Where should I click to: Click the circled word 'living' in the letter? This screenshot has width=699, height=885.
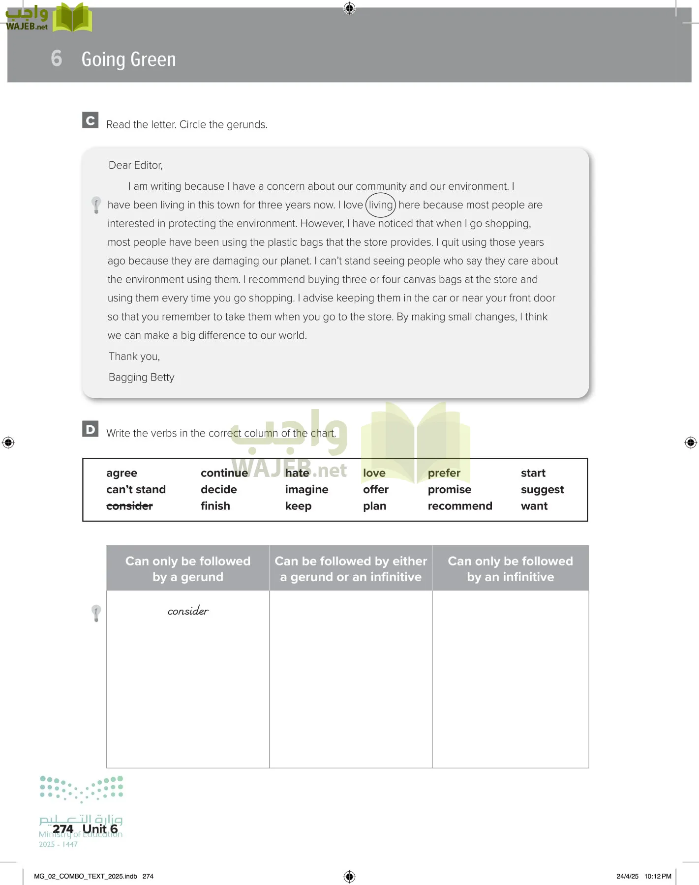(x=381, y=205)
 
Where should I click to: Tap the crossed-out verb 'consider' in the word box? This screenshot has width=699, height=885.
(x=129, y=506)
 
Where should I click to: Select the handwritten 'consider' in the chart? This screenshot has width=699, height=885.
(x=188, y=611)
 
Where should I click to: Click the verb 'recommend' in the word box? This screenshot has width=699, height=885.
(x=459, y=506)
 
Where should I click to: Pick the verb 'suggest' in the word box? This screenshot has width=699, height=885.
(x=542, y=490)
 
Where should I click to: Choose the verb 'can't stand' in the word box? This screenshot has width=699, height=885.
(x=136, y=490)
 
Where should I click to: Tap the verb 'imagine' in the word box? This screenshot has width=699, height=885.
(x=306, y=490)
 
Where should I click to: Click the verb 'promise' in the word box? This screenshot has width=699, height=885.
(x=449, y=490)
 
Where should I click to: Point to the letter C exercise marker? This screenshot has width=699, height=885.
(x=91, y=120)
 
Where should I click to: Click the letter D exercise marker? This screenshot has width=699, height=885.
(x=91, y=429)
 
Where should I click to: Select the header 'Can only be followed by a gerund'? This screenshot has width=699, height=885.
(x=188, y=569)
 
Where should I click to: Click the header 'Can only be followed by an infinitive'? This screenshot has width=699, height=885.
(x=510, y=569)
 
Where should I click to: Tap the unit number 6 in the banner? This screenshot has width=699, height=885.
(x=57, y=59)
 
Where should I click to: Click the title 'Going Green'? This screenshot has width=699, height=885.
(x=128, y=59)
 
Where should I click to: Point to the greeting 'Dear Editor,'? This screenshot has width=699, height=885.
(x=135, y=165)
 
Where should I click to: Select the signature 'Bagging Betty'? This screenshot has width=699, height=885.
(x=141, y=377)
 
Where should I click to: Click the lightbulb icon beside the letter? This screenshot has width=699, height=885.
(x=96, y=205)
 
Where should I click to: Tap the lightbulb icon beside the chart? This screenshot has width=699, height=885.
(x=96, y=613)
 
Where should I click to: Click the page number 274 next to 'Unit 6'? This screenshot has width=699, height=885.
(x=63, y=829)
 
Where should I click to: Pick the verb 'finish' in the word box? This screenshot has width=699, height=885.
(x=215, y=506)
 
